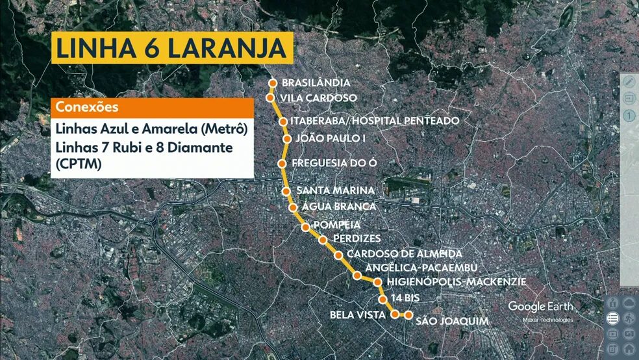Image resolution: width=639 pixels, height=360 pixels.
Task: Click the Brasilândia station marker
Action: tap(273, 83)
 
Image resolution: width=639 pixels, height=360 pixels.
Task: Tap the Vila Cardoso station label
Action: tap(319, 98)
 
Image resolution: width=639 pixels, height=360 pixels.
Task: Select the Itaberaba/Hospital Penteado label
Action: tap(375, 121)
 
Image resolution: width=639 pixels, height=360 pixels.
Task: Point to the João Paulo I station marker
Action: tap(287, 138)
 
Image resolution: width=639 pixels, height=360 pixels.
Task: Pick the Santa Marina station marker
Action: tap(286, 191)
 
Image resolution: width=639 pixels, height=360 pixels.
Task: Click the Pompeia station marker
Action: tap(305, 227)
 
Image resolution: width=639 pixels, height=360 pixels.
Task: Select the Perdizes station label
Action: tap(356, 238)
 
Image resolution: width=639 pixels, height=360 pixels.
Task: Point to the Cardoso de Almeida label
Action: tap(405, 253)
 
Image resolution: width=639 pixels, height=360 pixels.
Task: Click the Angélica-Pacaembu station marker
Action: tap(357, 276)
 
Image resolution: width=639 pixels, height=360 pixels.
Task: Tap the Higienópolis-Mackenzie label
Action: tap(456, 282)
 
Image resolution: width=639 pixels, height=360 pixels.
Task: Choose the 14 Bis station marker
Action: tap(383, 300)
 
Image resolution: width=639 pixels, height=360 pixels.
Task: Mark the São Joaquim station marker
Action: tap(408, 315)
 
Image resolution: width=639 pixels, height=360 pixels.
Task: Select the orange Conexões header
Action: tap(152, 107)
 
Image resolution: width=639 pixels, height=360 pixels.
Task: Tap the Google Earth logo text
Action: tap(540, 306)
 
